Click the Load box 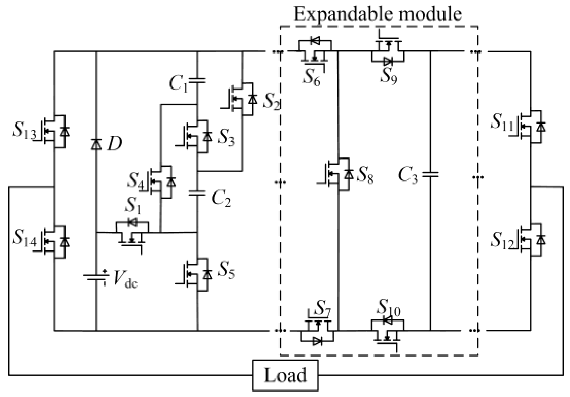[x=285, y=375]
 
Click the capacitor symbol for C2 [x=197, y=193]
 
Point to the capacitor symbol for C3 [x=430, y=175]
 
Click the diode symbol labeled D [x=96, y=144]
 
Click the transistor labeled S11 [x=531, y=127]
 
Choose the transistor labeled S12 [x=531, y=240]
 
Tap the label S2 [x=271, y=101]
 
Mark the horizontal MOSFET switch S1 [x=132, y=233]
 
